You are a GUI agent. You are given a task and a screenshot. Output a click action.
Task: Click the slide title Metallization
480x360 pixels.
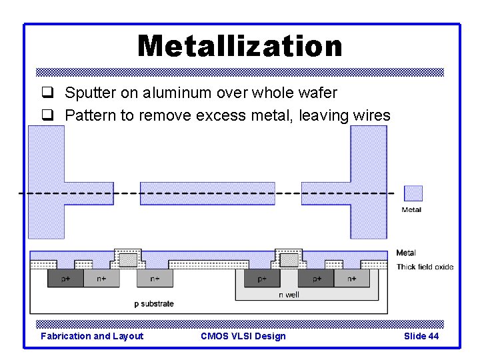point(239,46)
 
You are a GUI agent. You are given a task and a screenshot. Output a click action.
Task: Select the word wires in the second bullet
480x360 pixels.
point(371,116)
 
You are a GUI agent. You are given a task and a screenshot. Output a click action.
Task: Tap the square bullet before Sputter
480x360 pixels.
point(47,93)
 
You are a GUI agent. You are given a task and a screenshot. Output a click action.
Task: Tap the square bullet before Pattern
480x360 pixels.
point(47,116)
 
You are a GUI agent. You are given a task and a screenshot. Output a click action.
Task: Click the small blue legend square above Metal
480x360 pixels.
point(413,193)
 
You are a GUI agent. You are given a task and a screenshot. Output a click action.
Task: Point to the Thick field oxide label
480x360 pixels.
point(425,267)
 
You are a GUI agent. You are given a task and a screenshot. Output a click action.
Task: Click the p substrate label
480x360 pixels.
point(153,304)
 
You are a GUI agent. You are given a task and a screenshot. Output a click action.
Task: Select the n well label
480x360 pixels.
point(288,294)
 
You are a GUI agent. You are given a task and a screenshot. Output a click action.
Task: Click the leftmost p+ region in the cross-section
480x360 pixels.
point(66,278)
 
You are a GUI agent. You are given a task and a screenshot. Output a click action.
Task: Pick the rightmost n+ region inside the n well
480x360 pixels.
point(351,278)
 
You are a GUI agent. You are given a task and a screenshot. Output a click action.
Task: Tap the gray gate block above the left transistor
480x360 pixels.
point(129,259)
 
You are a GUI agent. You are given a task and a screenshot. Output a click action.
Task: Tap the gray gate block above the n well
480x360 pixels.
point(289,259)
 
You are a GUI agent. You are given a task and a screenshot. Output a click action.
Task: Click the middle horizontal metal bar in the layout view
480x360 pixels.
point(207,193)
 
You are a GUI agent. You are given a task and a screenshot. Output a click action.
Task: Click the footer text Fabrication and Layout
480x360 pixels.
point(92,336)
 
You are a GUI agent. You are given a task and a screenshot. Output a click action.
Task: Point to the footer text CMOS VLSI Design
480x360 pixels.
point(243,336)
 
